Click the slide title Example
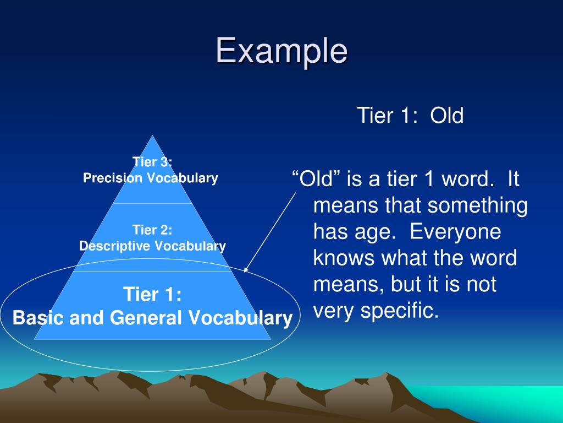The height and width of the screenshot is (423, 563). click(x=281, y=51)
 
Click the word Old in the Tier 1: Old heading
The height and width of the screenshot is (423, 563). click(x=447, y=116)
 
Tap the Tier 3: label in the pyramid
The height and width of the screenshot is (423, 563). click(x=152, y=162)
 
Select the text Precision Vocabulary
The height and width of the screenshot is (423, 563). click(x=151, y=178)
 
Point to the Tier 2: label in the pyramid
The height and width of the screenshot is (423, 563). click(x=152, y=230)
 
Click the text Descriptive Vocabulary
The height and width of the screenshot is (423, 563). click(x=152, y=246)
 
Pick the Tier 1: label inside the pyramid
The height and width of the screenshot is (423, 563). click(x=152, y=295)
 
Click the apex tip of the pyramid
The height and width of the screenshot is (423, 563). click(x=153, y=137)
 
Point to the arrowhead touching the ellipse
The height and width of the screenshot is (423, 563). click(x=245, y=270)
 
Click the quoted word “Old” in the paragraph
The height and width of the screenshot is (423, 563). click(x=314, y=180)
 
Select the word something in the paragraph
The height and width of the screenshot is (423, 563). click(x=478, y=206)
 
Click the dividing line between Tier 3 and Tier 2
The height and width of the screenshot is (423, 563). click(x=152, y=203)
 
